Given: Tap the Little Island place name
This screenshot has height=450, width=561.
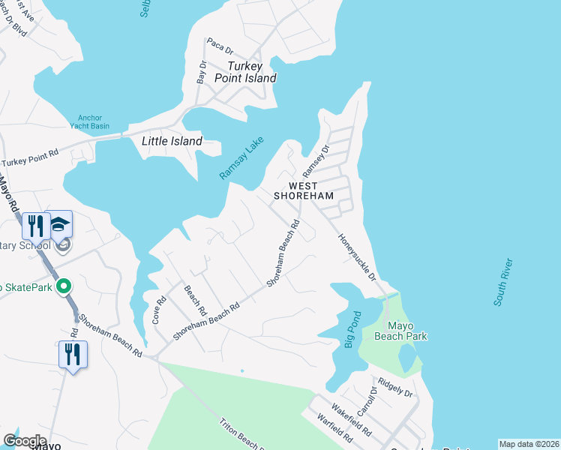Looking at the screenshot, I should [x=172, y=141].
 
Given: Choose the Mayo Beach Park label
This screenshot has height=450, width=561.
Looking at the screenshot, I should [x=406, y=331].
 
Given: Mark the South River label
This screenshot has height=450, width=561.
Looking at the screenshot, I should [x=503, y=282].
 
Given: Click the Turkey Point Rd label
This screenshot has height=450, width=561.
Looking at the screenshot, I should [x=30, y=157].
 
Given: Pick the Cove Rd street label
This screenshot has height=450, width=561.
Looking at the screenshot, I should [x=160, y=308].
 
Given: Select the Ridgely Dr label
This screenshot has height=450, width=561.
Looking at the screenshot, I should [x=397, y=387].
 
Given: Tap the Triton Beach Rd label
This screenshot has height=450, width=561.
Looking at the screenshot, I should [x=241, y=435].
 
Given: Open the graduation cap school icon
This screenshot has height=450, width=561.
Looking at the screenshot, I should [x=61, y=223].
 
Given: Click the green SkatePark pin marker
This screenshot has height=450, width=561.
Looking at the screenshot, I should [x=64, y=286].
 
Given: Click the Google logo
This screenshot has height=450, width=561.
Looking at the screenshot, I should [x=25, y=441].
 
